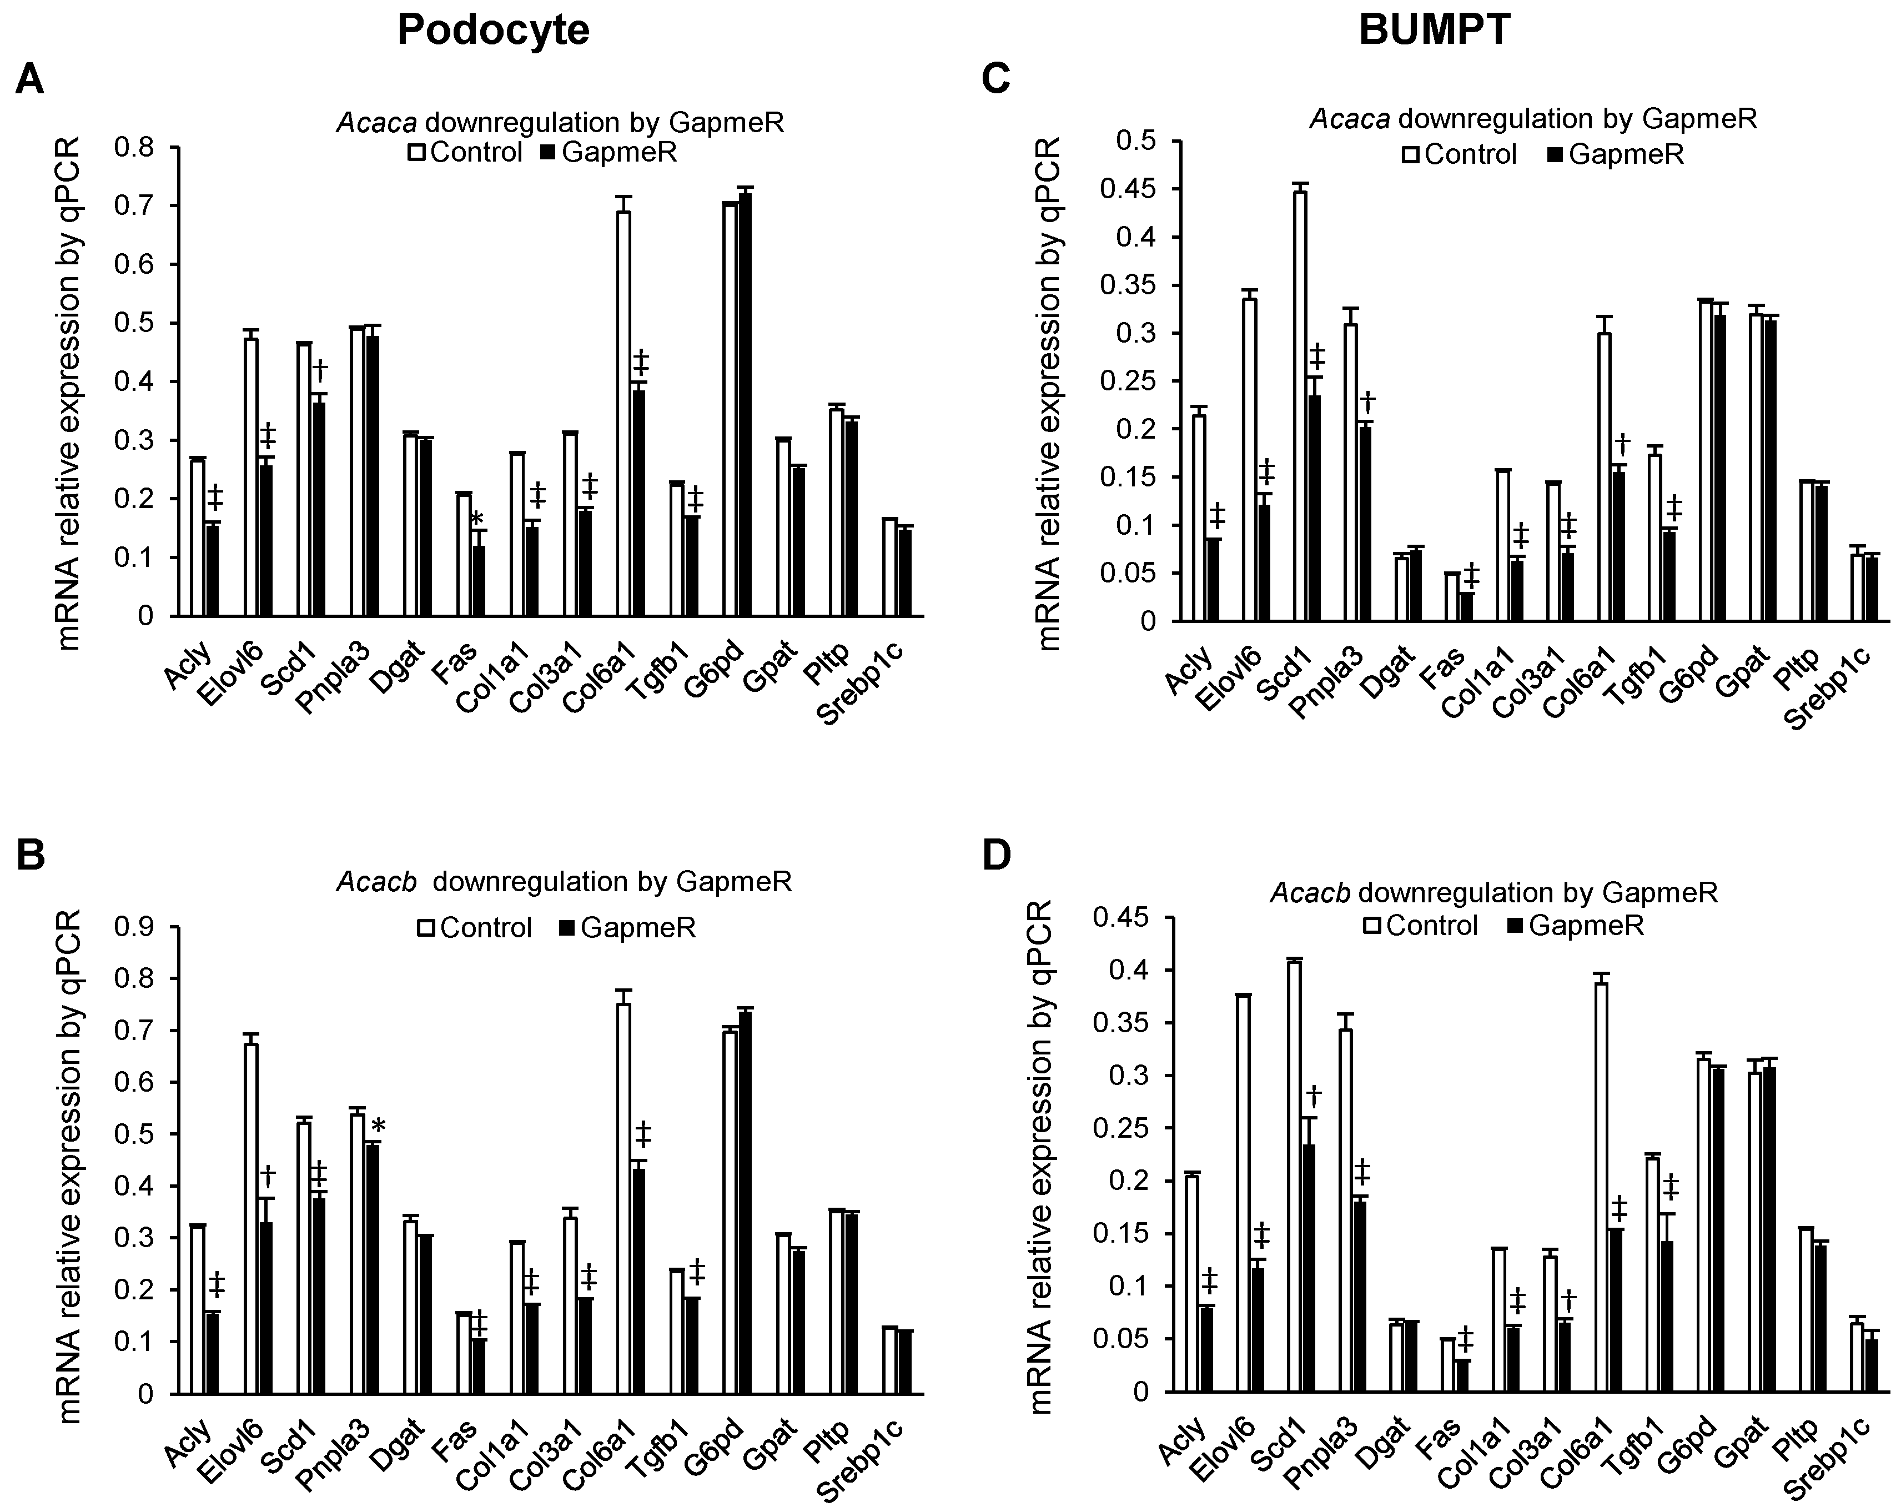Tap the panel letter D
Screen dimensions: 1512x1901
click(x=997, y=857)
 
